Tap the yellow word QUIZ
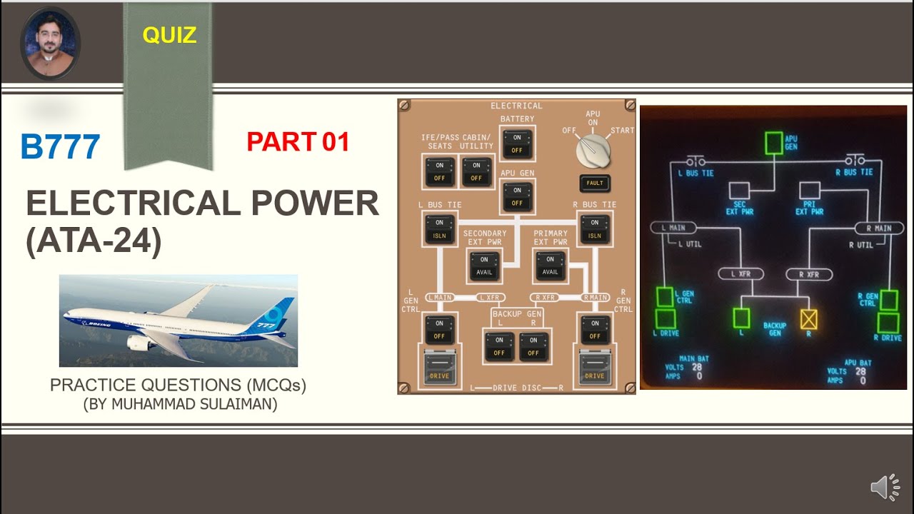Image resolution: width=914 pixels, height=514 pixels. coord(169,34)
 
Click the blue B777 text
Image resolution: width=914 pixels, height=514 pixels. coord(60,147)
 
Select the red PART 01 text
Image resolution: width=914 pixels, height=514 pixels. coord(298,142)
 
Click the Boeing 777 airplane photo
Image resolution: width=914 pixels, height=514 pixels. coord(178,321)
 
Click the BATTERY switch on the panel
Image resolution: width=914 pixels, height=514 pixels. coord(517,143)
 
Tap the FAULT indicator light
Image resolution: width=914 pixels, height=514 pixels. coord(595,183)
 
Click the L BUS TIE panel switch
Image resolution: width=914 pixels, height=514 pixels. coord(439,229)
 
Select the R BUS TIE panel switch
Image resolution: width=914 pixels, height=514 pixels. coord(595,229)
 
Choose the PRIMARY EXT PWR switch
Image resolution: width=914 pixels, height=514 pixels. coord(550,266)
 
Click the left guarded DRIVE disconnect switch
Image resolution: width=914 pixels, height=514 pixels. coord(439,367)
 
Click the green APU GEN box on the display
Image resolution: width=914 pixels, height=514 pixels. coord(773,142)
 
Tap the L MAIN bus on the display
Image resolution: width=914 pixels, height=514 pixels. coord(673,228)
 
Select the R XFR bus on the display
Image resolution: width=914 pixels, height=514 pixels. coord(809,274)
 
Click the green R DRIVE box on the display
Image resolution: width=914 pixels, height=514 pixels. coord(888,323)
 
